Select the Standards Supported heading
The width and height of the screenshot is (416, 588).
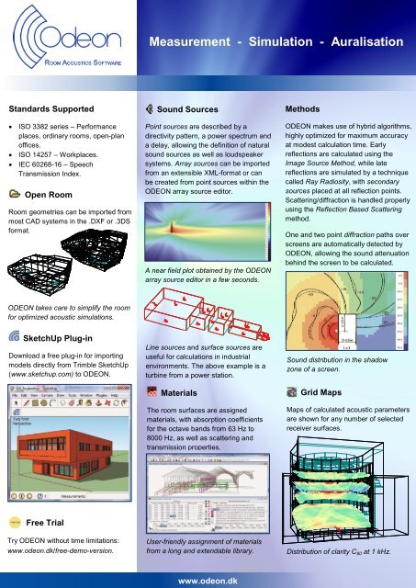[50, 107]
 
